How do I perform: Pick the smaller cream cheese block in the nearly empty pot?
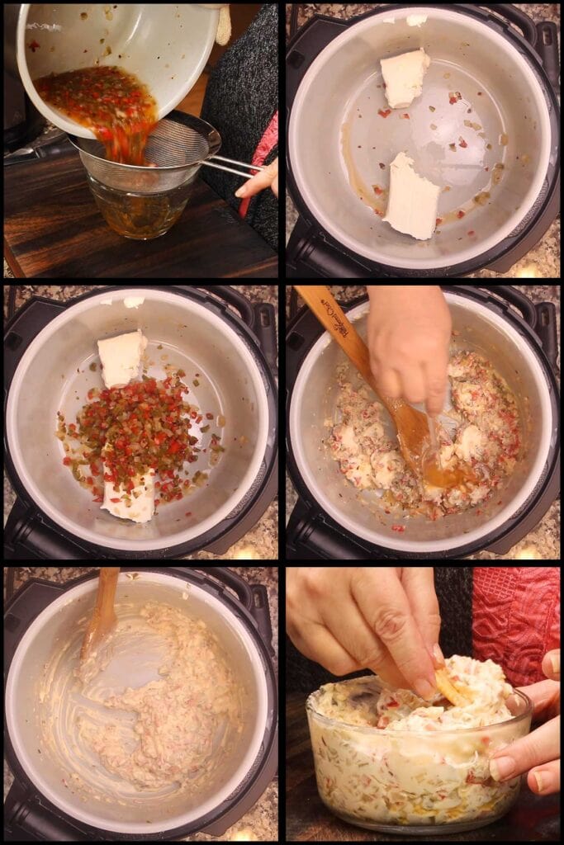click(405, 78)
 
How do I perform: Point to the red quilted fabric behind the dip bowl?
click(516, 615)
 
